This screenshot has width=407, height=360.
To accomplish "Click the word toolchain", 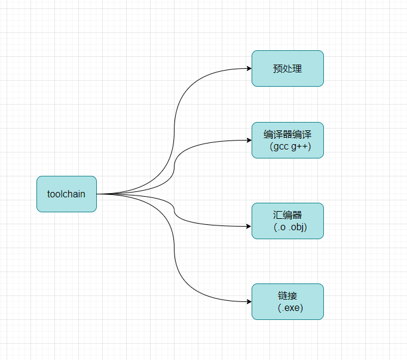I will pyautogui.click(x=66, y=194).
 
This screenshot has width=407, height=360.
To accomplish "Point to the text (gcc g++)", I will pyautogui.click(x=290, y=147).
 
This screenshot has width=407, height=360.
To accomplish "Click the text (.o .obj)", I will pyautogui.click(x=290, y=227).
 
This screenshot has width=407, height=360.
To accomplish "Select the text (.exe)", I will pyautogui.click(x=290, y=308).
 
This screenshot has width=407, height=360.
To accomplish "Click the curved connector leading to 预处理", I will pyautogui.click(x=175, y=120).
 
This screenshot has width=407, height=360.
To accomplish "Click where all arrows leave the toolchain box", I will pyautogui.click(x=97, y=194).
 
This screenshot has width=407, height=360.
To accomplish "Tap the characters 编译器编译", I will pyautogui.click(x=287, y=133).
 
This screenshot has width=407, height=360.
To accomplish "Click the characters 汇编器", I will pyautogui.click(x=287, y=215).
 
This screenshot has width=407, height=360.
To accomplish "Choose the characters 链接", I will pyautogui.click(x=287, y=295).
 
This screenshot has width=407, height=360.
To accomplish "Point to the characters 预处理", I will pyautogui.click(x=287, y=69).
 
